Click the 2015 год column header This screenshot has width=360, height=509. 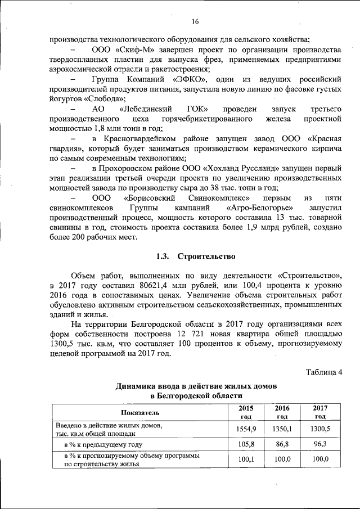click(246, 412)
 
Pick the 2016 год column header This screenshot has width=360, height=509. click(283, 412)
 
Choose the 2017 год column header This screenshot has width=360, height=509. click(320, 412)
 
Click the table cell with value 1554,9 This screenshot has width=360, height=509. click(246, 429)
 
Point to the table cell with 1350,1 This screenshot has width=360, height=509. click(283, 429)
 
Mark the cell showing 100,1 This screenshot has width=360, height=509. click(246, 460)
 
